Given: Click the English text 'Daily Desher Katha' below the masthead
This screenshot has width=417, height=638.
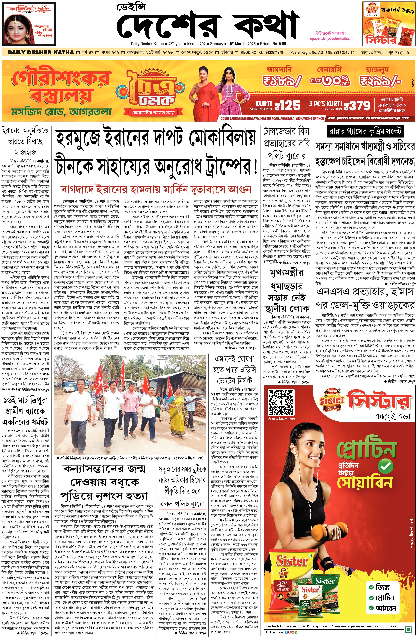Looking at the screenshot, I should (x=147, y=44).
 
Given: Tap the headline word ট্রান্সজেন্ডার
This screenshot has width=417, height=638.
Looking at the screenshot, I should (x=286, y=131).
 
